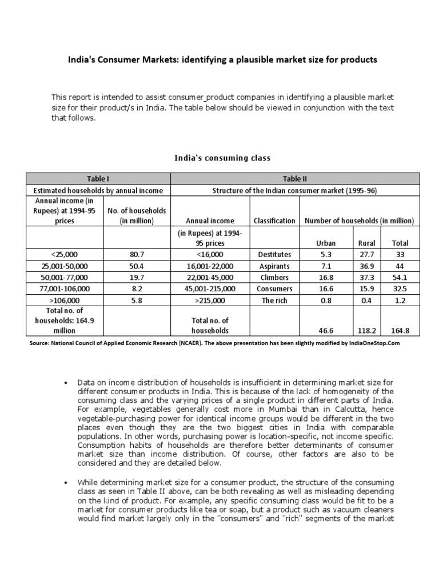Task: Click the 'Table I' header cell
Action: [x=98, y=179]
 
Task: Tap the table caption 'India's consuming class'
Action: [x=222, y=157]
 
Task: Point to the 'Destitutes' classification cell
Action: [x=274, y=254]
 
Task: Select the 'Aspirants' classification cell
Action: [x=274, y=266]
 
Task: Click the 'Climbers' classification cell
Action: [x=274, y=277]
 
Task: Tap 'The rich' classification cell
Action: [x=274, y=300]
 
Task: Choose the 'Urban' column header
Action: [x=326, y=243]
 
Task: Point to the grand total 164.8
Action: [x=400, y=330]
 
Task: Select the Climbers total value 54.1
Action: [x=400, y=277]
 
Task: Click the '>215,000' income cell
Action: [x=211, y=300]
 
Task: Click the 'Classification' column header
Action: [x=274, y=221]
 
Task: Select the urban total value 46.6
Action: [x=326, y=330]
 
